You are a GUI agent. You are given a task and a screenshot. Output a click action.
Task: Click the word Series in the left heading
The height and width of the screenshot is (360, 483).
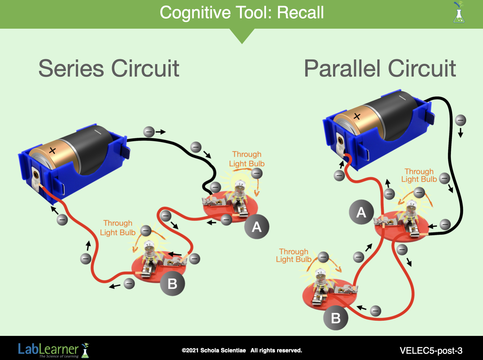(x=71, y=68)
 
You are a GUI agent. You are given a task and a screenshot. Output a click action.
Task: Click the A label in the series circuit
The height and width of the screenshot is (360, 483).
(x=256, y=227)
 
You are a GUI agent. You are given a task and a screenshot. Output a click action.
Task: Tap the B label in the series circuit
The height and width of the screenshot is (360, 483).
(x=172, y=284)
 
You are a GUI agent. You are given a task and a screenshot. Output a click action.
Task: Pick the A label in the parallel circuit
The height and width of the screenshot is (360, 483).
(x=361, y=212)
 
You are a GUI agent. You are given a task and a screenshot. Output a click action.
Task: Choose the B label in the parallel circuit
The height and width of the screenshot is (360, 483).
(x=336, y=318)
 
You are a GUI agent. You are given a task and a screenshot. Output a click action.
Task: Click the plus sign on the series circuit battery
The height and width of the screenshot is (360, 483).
(x=53, y=150)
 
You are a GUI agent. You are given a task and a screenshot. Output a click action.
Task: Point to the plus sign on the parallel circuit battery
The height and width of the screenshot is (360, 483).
(x=357, y=116)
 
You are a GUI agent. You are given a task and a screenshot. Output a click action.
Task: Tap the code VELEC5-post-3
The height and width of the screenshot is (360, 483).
(x=431, y=351)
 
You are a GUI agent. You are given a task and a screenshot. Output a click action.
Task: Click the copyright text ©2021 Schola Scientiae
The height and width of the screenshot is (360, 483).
(x=214, y=350)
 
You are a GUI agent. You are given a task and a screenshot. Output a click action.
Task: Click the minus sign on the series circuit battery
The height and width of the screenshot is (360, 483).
(x=97, y=132)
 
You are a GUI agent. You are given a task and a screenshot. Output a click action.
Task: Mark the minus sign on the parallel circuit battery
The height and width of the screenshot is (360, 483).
(x=402, y=98)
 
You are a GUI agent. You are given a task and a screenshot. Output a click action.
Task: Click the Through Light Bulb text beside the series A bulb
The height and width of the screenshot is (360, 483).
(x=247, y=159)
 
